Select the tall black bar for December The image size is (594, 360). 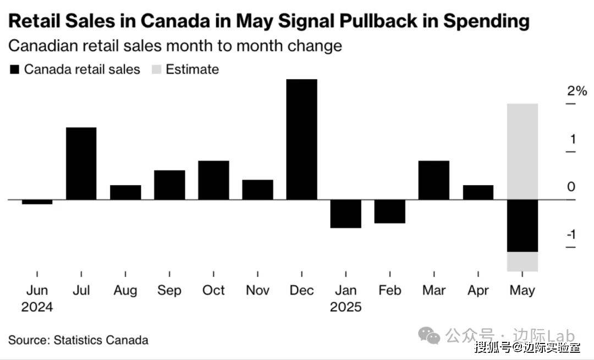tap(301, 139)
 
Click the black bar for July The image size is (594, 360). tap(81, 163)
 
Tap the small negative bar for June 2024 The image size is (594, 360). tap(37, 202)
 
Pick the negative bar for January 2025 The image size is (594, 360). tap(345, 213)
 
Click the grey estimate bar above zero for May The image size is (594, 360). tap(522, 151)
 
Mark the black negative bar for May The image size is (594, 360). tap(522, 225)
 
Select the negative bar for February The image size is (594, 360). tap(389, 211)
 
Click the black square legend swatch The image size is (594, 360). tap(14, 70)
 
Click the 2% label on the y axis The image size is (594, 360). tap(577, 91)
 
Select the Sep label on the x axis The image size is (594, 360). tap(169, 290)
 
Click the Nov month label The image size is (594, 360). tap(257, 290)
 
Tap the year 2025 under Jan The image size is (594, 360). tap(345, 307)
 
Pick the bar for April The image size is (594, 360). tap(478, 192)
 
